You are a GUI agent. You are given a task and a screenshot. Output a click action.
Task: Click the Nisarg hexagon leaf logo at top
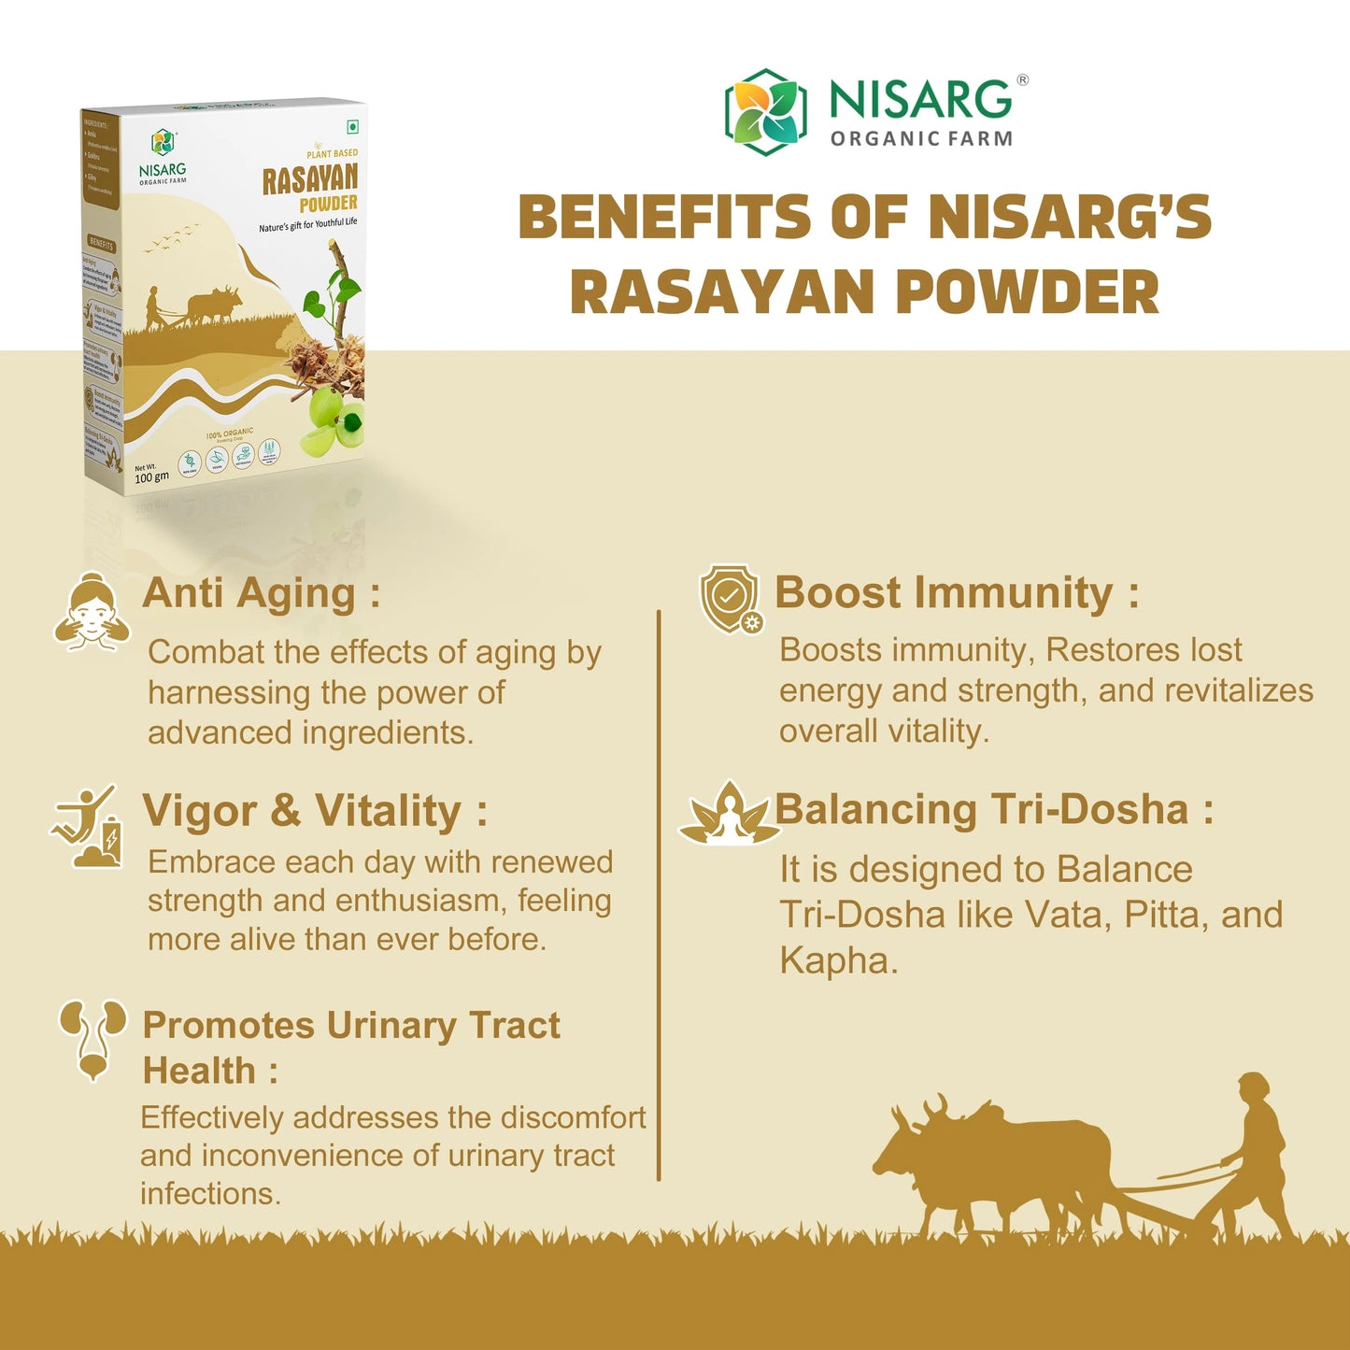point(765,111)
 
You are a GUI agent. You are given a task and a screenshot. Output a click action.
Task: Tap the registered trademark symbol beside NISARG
point(1023,80)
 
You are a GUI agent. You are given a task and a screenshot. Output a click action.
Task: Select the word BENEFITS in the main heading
point(664,217)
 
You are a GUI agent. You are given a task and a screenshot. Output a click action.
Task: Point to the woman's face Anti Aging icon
point(92,612)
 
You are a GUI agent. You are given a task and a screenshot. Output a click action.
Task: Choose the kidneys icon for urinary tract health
point(92,1038)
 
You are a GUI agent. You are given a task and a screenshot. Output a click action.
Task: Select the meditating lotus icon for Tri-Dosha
point(729,814)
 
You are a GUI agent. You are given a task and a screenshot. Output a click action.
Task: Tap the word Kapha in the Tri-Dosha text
point(837,960)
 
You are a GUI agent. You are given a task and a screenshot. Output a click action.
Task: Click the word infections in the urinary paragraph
point(210,1194)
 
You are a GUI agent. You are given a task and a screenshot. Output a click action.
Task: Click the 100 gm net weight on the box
point(151,477)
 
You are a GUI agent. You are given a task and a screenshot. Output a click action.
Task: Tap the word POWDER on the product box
point(328,204)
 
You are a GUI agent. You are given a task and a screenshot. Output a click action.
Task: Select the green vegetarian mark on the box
point(353,127)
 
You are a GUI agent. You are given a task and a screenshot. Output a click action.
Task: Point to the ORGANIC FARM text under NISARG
point(921,139)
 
